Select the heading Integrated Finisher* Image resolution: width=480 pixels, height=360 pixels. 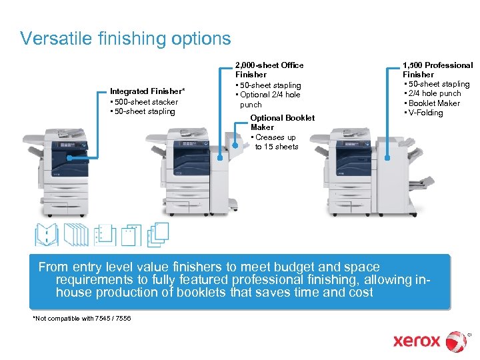147,91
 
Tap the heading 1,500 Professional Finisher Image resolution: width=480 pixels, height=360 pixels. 437,70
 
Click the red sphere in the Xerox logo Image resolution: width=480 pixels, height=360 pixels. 457,341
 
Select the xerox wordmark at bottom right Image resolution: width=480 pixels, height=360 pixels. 417,341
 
